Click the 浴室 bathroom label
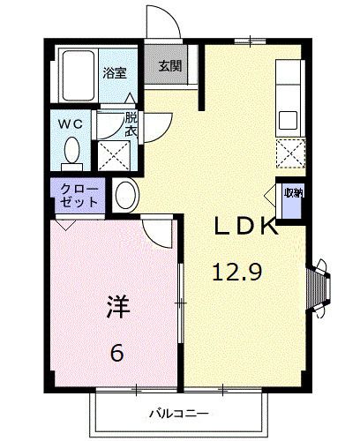[x=113, y=73]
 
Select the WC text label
[x=71, y=124]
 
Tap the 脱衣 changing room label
[x=131, y=123]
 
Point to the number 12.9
[x=236, y=273]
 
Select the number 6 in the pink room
[x=116, y=354]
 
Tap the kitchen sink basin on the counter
[x=289, y=118]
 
